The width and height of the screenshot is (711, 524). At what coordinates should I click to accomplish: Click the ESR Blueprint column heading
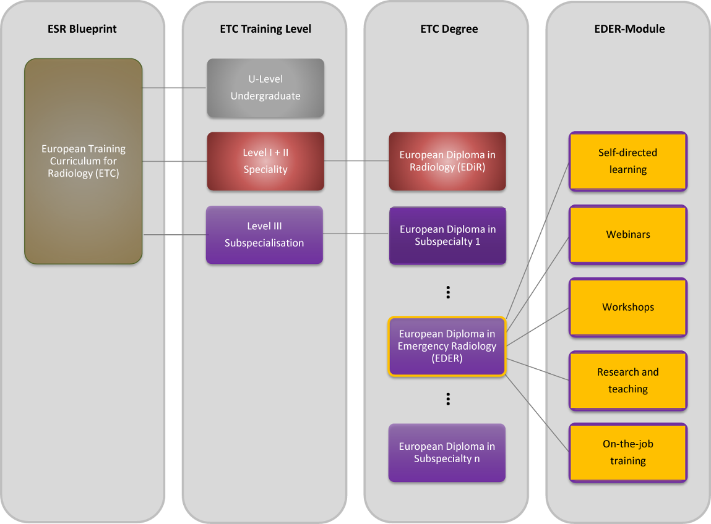[82, 29]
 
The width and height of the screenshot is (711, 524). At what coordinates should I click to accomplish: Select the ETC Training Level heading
[265, 29]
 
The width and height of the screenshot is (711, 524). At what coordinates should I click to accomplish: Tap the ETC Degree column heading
[447, 29]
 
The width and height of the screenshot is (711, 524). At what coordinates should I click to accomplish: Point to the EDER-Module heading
[628, 29]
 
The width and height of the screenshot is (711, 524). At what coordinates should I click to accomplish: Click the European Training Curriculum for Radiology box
[84, 161]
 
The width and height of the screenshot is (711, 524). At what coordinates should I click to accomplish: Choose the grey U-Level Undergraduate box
[265, 88]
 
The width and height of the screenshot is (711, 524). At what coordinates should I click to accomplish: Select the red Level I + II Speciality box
[265, 161]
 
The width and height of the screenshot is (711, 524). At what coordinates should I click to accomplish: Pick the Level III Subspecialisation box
[264, 235]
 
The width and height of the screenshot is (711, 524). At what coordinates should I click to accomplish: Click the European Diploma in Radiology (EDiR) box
[447, 161]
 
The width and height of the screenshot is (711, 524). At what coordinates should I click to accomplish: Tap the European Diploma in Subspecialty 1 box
[447, 235]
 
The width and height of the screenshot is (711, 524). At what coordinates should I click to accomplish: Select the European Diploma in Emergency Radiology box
[447, 346]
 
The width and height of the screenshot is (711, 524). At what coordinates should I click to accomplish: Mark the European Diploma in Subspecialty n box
[447, 452]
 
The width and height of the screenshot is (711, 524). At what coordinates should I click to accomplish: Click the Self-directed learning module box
[628, 161]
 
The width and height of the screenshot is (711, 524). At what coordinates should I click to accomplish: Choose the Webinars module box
[628, 235]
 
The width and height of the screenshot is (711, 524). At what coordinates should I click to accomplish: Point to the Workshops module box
[628, 307]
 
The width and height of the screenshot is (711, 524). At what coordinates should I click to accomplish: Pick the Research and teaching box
[628, 381]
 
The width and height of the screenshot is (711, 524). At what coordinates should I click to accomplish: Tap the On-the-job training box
[628, 452]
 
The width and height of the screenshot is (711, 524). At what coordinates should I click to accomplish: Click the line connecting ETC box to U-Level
[175, 88]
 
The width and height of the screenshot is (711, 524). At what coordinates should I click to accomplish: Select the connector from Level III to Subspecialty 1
[356, 234]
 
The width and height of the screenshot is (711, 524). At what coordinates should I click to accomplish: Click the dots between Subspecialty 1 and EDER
[447, 292]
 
